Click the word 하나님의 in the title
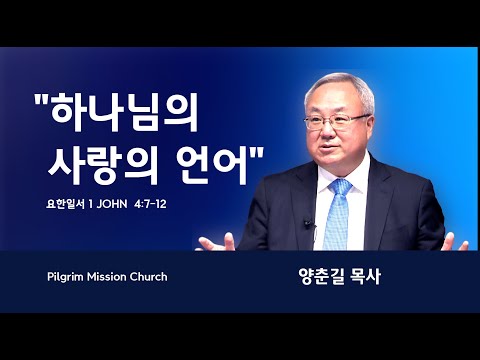pos(124,112)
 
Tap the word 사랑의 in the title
pos(103,164)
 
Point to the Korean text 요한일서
pos(65,204)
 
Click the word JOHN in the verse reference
pos(112,204)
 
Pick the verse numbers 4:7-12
pos(150,204)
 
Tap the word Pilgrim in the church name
pos(65,277)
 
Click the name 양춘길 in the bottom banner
pos(322,277)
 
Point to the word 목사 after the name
pos(366,277)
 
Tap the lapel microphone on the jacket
pos(308,224)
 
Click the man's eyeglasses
pos(337,122)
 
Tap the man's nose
pos(326,132)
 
